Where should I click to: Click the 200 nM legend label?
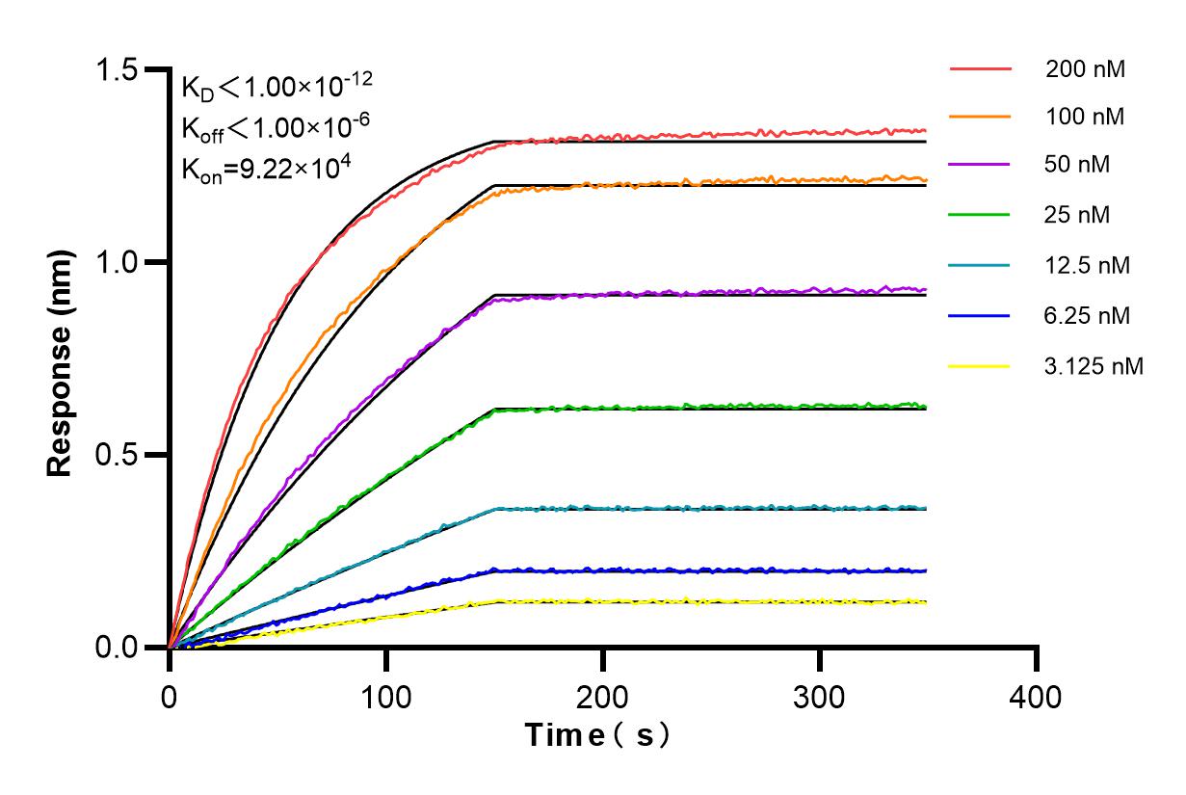[1085, 69]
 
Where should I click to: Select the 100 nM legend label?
[1085, 117]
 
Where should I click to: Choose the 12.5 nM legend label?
[1088, 265]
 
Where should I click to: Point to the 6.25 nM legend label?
[1088, 315]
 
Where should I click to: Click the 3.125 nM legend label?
[1094, 366]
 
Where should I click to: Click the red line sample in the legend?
[980, 69]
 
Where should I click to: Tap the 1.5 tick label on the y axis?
[117, 70]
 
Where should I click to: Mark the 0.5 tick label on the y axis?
[117, 455]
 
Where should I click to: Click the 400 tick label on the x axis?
[1037, 696]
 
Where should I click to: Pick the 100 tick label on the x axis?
[386, 696]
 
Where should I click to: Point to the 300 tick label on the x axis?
[820, 696]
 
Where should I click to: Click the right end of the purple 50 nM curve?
[926, 289]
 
